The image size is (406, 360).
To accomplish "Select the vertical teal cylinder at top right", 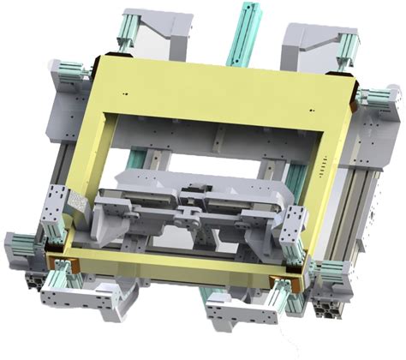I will (348, 48).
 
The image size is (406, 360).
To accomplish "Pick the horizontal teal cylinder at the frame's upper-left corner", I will (74, 69).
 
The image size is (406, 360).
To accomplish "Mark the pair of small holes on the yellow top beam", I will (127, 92).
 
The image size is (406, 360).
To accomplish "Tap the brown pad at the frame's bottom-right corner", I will (283, 285).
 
